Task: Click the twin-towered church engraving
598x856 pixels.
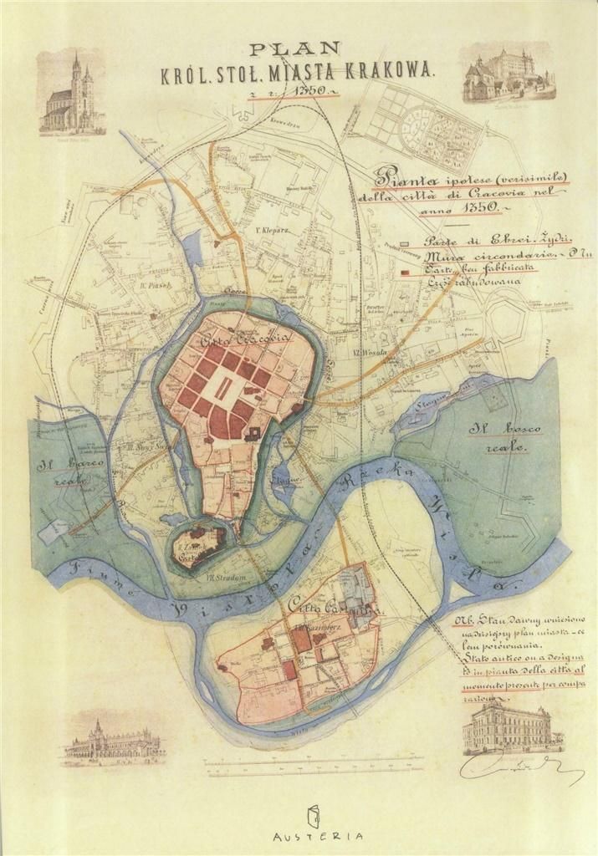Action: click(x=72, y=94)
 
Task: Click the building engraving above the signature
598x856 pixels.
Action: click(x=507, y=726)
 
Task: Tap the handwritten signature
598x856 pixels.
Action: click(x=519, y=765)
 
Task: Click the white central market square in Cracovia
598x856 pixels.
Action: click(x=222, y=387)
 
